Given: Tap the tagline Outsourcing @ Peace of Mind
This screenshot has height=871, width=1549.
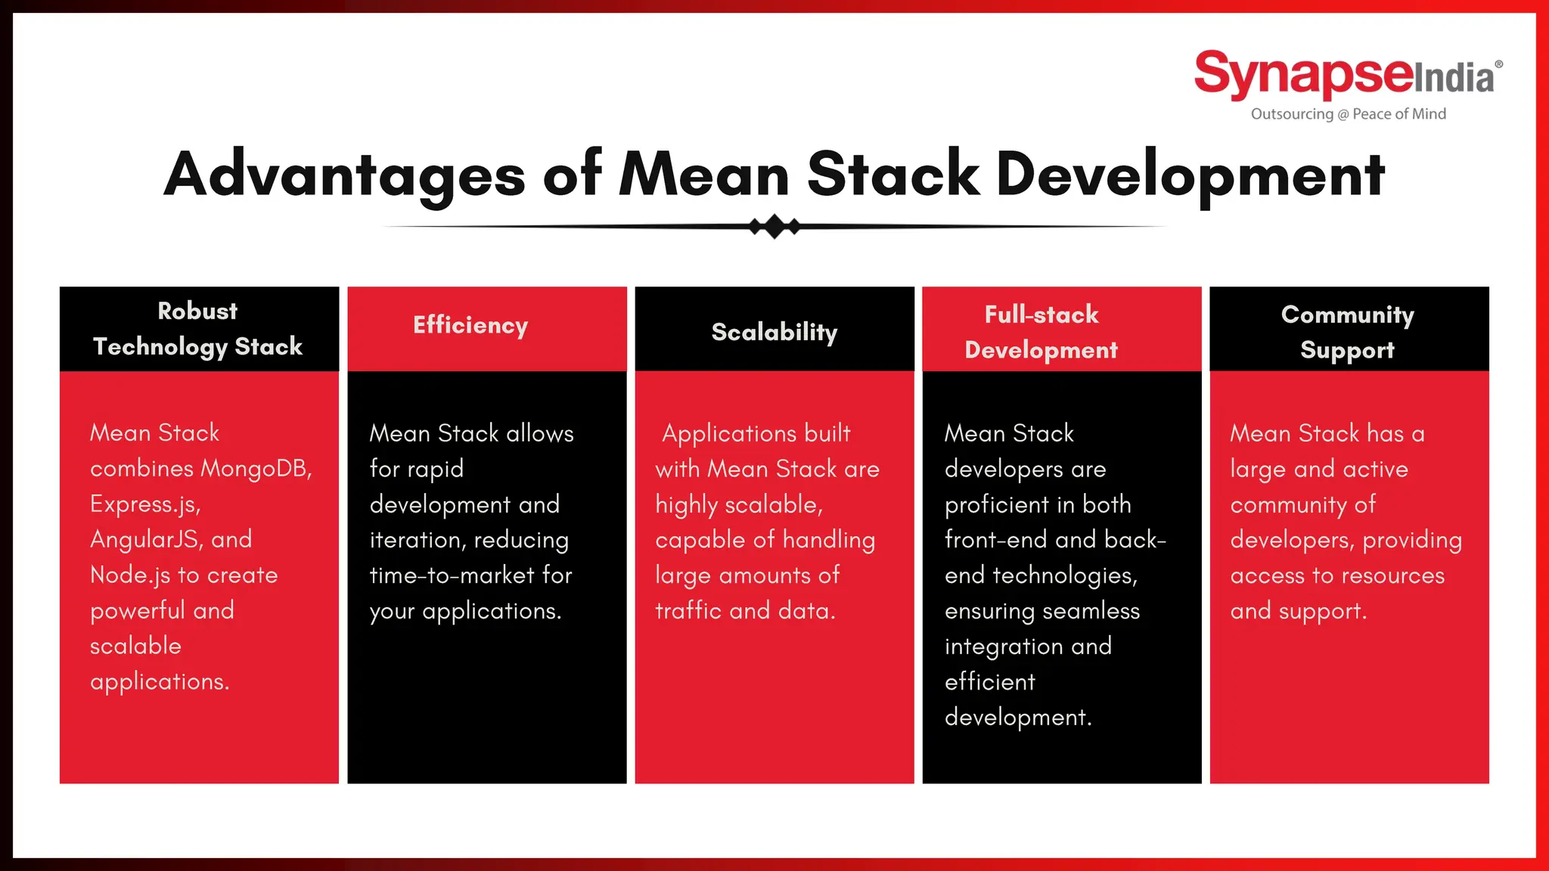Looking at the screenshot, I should coord(1348,114).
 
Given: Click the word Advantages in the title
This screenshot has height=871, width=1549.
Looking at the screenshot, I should coord(344,175).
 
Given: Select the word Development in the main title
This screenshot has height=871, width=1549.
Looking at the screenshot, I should coord(1190,175).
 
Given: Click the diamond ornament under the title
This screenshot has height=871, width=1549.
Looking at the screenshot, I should coord(774,226).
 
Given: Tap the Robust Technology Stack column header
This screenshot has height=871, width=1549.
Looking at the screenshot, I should coord(198,329).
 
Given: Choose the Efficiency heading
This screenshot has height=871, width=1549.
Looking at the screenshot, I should coord(470,325).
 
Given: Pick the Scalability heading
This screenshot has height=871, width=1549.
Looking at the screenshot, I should coord(774,332).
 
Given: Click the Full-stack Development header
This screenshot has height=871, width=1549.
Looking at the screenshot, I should coord(1041,332).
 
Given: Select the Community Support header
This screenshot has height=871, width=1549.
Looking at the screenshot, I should coord(1347,332).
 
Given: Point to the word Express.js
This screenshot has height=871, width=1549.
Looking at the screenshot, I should coord(144,504).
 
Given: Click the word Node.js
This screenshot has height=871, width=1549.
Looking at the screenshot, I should coord(130,575).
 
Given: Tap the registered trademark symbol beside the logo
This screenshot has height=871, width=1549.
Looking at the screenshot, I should coord(1498,65).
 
